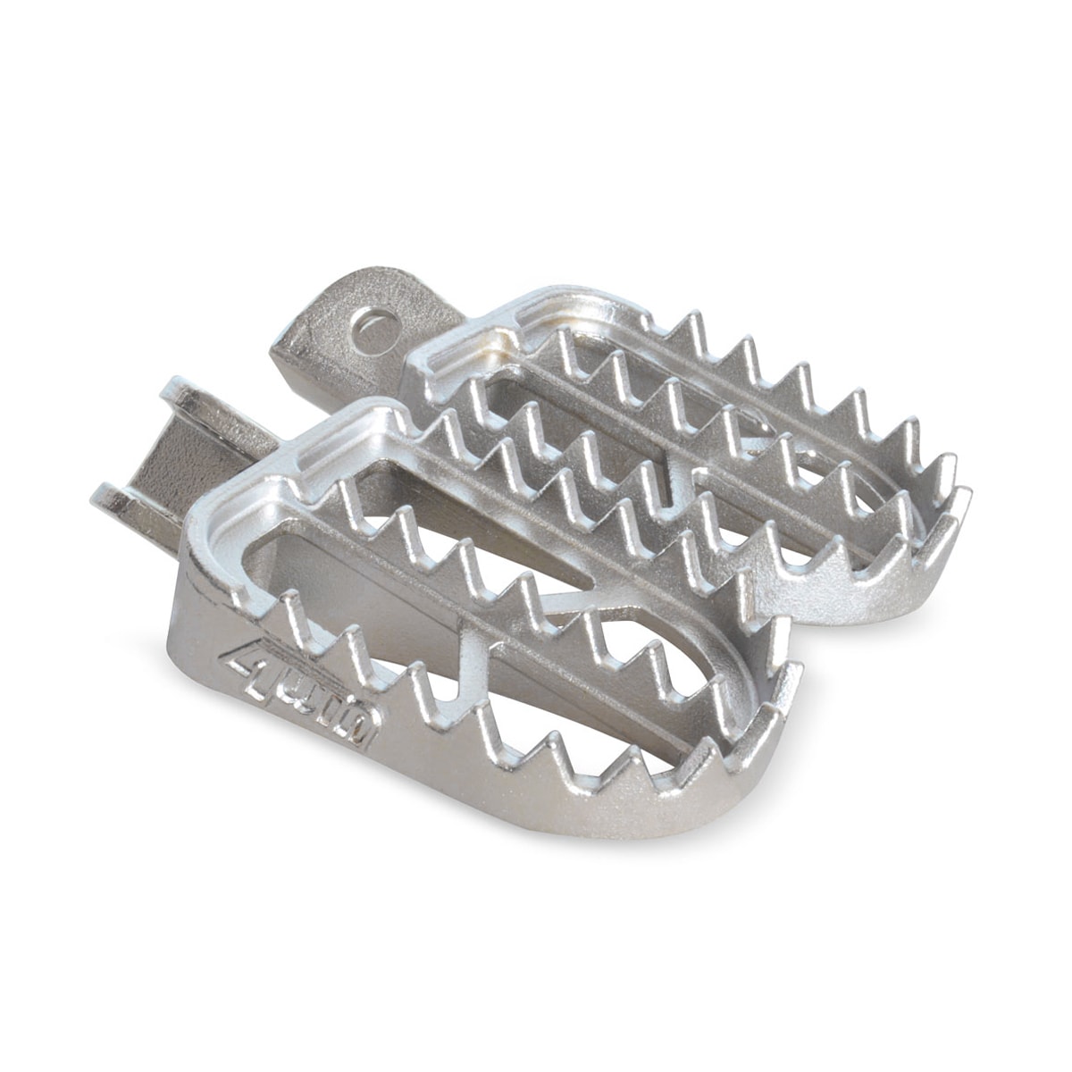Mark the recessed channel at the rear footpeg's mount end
click(465, 353)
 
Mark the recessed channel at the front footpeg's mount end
click(268, 482)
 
